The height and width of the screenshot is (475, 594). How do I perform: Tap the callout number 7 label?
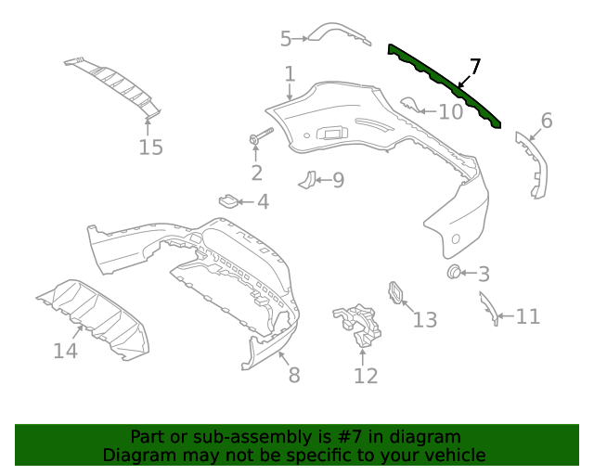(474, 66)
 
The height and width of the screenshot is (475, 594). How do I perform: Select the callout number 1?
(290, 73)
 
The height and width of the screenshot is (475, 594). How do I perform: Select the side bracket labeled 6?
(532, 165)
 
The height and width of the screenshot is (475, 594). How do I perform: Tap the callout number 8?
(294, 375)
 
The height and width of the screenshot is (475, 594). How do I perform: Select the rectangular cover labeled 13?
(397, 292)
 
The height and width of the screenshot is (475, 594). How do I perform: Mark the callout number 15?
(150, 147)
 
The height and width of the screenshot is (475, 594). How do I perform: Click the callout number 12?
(366, 376)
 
